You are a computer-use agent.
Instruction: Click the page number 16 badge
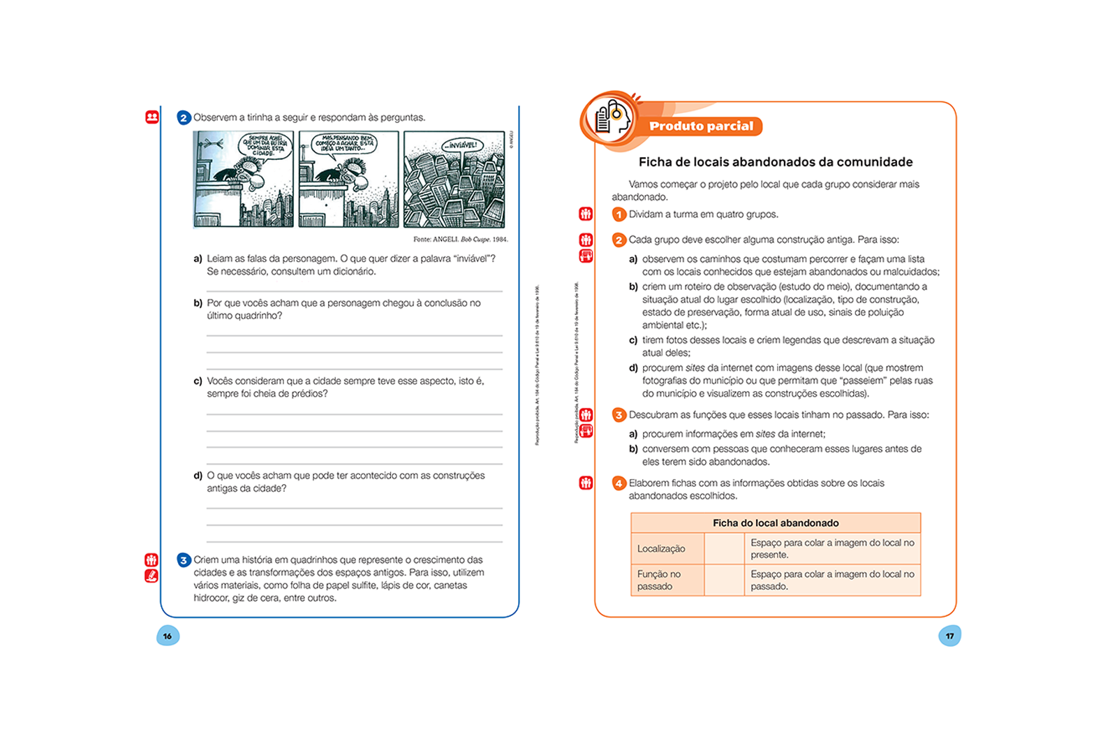click(168, 636)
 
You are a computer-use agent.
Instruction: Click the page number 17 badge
click(949, 636)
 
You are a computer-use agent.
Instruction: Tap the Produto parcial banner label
click(701, 126)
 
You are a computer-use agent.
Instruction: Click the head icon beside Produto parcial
click(609, 118)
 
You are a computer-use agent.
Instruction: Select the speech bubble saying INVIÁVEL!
click(462, 145)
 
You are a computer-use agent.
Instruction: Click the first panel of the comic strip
click(243, 179)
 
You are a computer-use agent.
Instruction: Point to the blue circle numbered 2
click(184, 118)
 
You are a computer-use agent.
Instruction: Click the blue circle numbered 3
click(184, 560)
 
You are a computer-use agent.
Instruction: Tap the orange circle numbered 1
click(619, 214)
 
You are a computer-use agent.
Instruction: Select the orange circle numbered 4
click(619, 483)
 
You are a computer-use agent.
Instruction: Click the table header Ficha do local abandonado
click(776, 522)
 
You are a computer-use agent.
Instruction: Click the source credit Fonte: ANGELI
click(460, 239)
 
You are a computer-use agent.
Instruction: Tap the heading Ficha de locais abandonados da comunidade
click(775, 162)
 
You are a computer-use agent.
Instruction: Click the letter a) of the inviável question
click(198, 258)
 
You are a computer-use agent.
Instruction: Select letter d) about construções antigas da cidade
click(198, 476)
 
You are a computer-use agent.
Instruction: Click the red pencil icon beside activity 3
click(151, 576)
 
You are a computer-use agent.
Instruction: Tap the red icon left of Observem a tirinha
click(152, 117)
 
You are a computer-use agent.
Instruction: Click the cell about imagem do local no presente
click(832, 548)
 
